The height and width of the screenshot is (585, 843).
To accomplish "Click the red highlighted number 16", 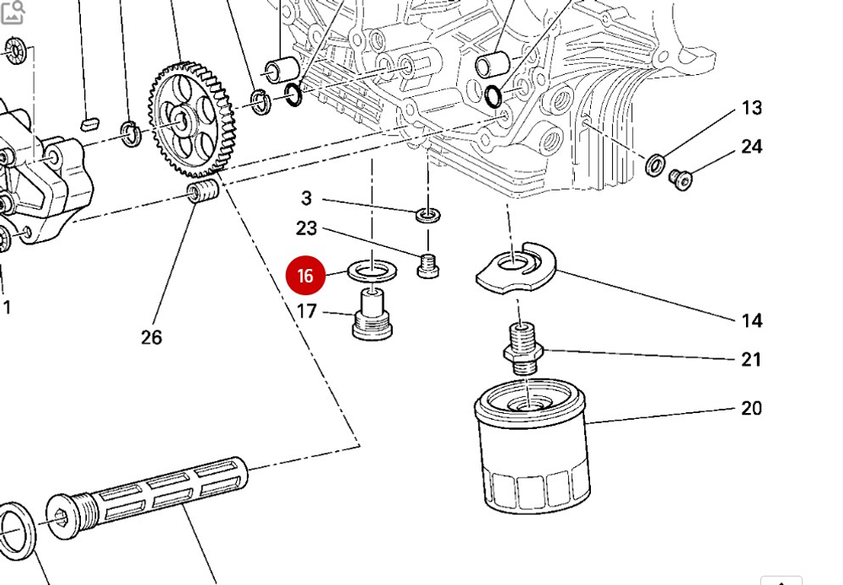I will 305,276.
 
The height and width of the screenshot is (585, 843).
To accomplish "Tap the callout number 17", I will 306,312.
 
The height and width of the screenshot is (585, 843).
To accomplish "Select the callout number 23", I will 306,228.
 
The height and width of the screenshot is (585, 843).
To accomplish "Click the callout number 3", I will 306,198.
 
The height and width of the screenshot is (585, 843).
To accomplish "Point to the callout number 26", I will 151,337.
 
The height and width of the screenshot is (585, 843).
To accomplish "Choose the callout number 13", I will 751,108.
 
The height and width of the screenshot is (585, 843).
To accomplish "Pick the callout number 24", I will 751,147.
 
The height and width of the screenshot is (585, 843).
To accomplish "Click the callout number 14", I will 752,320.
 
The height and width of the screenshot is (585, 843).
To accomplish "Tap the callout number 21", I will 751,360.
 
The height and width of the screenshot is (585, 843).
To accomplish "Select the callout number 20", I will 751,409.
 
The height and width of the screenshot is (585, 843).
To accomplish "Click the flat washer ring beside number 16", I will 372,271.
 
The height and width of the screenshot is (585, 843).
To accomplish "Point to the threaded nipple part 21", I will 523,347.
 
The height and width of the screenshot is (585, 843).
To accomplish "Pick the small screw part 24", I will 679,178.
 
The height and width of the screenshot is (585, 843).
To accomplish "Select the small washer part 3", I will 427,216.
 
